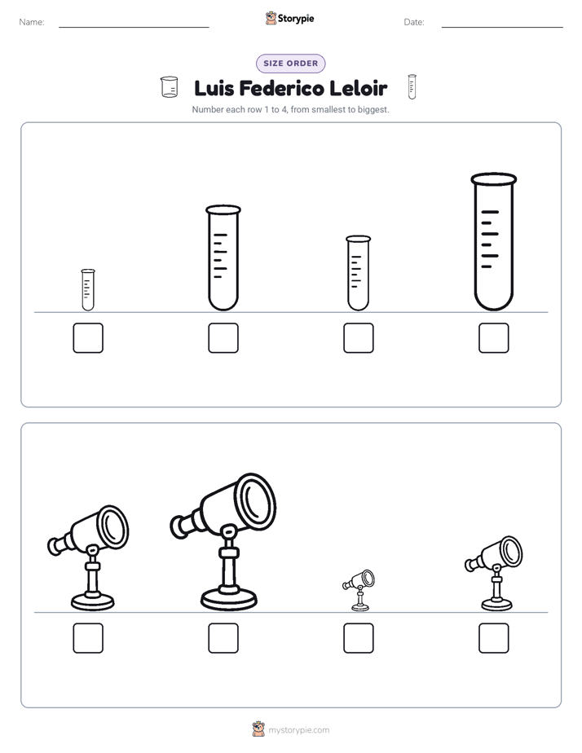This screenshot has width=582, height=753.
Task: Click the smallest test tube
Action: [88, 289]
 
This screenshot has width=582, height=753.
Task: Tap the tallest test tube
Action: [494, 241]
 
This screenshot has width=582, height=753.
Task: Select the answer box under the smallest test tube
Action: [88, 338]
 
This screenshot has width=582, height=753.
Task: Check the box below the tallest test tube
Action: [494, 338]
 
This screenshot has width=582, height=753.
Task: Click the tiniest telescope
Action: [359, 590]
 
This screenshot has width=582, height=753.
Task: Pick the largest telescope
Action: [224, 542]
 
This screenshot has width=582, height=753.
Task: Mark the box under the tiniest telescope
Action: [359, 638]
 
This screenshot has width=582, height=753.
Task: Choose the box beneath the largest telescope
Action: [223, 638]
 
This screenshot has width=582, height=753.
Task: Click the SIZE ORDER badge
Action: [290, 64]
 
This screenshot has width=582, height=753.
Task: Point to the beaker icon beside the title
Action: [169, 87]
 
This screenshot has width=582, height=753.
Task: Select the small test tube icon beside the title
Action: [412, 87]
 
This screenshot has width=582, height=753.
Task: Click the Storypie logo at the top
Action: [289, 18]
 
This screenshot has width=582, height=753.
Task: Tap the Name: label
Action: [32, 22]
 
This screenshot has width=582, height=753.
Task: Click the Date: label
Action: [414, 22]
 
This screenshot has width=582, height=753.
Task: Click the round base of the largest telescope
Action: [228, 599]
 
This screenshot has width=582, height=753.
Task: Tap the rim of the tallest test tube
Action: [494, 179]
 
